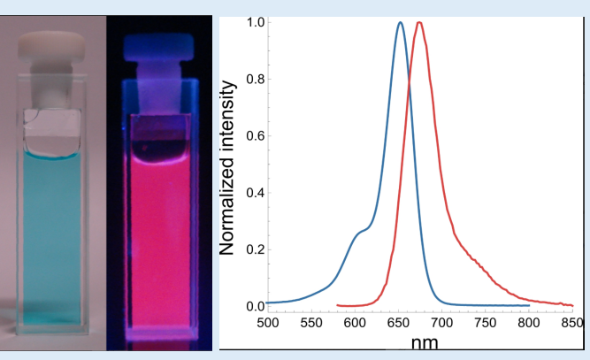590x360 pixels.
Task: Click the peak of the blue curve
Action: click(400, 24)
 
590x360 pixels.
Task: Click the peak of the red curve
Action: click(419, 24)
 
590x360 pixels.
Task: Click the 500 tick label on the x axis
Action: click(267, 325)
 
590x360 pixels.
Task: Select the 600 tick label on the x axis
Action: click(355, 325)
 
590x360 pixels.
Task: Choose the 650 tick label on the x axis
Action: click(398, 325)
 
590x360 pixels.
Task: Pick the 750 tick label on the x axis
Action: click(486, 325)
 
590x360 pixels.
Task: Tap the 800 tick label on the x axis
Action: click(529, 325)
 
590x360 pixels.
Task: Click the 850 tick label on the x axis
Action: click(573, 325)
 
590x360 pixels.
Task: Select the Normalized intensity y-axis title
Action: click(228, 167)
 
